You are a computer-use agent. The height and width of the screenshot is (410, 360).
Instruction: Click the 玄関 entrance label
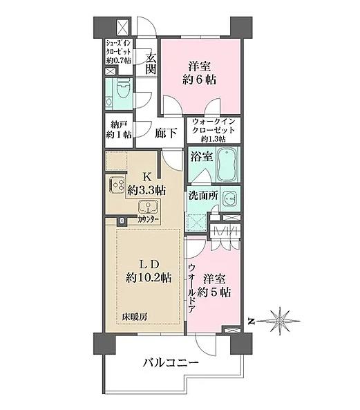click(x=151, y=64)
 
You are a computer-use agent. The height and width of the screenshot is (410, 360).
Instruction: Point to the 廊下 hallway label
click(x=166, y=133)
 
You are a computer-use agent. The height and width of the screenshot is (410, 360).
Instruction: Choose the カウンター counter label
click(x=149, y=220)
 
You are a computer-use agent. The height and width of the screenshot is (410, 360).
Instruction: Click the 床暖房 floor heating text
click(x=135, y=317)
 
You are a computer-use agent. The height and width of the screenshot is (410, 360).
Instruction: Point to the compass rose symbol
click(x=280, y=321)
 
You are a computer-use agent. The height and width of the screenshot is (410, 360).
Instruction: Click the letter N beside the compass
click(x=252, y=321)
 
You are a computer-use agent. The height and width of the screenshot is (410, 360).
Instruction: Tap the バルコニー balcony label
click(x=171, y=363)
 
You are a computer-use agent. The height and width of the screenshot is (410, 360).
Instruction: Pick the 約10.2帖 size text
click(x=149, y=278)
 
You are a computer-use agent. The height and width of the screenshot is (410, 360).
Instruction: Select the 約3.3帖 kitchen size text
click(x=146, y=190)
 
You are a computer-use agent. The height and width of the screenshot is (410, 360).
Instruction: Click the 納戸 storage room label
click(x=118, y=124)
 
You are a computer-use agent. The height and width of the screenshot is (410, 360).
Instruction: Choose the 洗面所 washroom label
click(x=204, y=196)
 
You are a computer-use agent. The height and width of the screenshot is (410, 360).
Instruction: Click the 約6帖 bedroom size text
click(x=199, y=80)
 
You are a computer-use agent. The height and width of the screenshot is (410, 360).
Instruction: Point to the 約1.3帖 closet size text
click(x=214, y=139)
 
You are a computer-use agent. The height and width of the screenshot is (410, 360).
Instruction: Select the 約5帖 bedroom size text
click(x=214, y=292)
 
